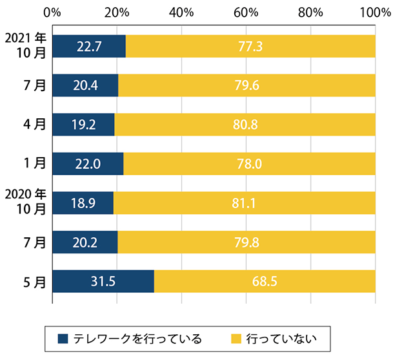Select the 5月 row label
pyautogui.click(x=35, y=281)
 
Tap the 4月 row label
pyautogui.click(x=35, y=125)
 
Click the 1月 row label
pyautogui.click(x=35, y=164)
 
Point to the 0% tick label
pyautogui.click(x=52, y=12)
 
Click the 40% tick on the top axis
pyautogui.click(x=181, y=12)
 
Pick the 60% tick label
pyautogui.click(x=246, y=12)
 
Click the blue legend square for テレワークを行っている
pyautogui.click(x=63, y=338)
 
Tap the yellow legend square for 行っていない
pyautogui.click(x=236, y=338)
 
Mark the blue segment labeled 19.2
pyautogui.click(x=84, y=125)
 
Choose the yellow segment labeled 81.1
pyautogui.click(x=244, y=203)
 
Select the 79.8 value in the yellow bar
pyautogui.click(x=246, y=242)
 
